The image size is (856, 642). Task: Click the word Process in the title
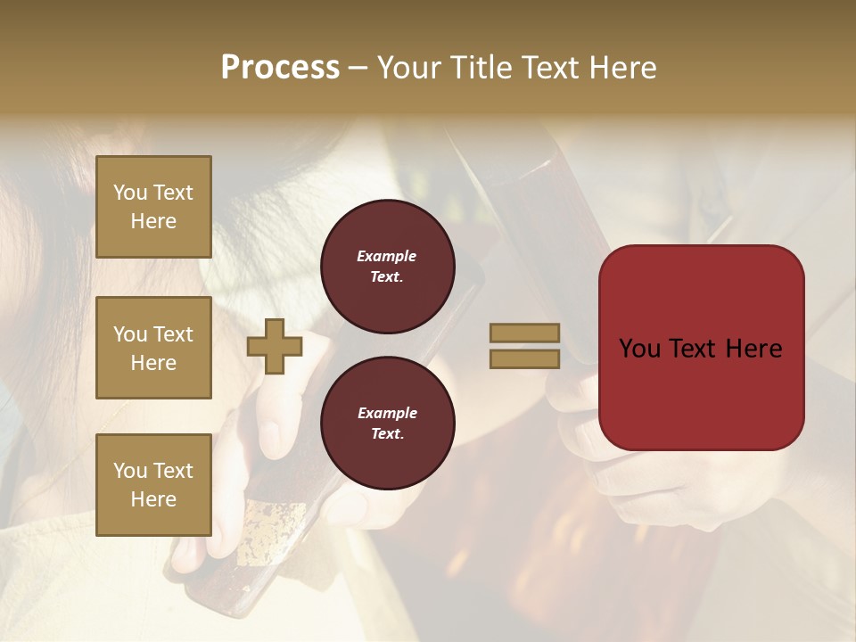(280, 68)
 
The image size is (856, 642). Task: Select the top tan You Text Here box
(153, 207)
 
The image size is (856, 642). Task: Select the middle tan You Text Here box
(153, 348)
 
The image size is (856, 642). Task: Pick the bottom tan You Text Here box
(153, 485)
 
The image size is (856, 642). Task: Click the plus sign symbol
(275, 346)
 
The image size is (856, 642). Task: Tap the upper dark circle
(388, 267)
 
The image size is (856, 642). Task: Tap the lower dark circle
(388, 424)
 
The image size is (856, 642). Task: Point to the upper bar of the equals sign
(524, 333)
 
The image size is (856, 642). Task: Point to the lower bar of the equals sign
(524, 359)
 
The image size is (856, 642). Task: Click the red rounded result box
(701, 348)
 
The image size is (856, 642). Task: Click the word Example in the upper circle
(387, 256)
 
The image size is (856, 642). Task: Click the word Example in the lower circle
(387, 413)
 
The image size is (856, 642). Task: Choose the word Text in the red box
(693, 349)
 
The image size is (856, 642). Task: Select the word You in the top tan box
(130, 193)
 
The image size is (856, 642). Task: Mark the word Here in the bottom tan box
(153, 499)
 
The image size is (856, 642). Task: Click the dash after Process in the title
(358, 69)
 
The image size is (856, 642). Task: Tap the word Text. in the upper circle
(387, 276)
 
